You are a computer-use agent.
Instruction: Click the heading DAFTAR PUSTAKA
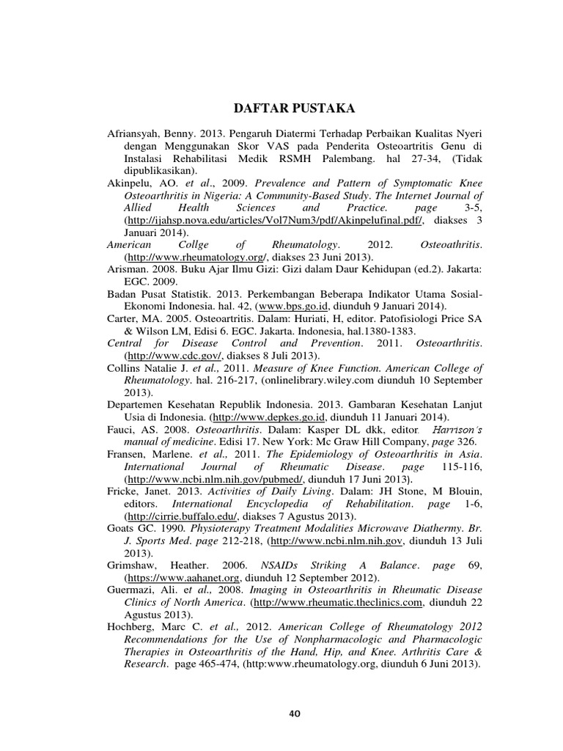pyautogui.click(x=293, y=109)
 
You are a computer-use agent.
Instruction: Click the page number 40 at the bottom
pyautogui.click(x=295, y=713)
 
